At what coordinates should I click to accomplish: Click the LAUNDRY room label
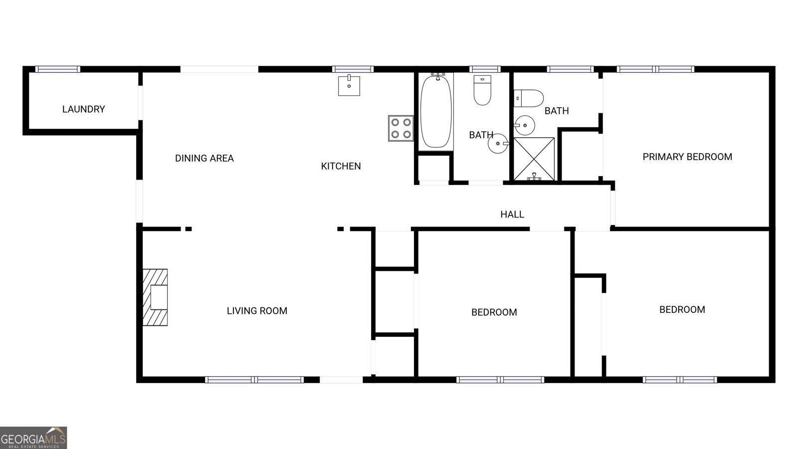84,109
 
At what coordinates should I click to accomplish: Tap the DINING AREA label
204,158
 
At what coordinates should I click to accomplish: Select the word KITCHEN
341,166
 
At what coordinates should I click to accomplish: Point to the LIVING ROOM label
257,311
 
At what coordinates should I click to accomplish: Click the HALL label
512,214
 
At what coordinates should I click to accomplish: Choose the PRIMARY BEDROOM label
687,157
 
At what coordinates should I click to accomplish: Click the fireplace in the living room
155,297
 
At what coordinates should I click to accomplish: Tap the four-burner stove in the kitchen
401,128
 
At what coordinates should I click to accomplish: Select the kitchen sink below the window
349,85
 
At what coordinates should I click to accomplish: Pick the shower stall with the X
534,159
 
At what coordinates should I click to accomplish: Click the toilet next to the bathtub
482,90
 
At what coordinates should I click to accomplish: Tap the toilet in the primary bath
529,98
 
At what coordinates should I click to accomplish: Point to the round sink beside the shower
524,125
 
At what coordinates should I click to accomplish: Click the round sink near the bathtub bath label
498,144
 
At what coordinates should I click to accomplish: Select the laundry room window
58,69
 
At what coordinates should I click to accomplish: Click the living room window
254,380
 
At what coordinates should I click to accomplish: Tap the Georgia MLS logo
33,438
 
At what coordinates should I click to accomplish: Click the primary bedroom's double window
655,69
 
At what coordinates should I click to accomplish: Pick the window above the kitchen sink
353,69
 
